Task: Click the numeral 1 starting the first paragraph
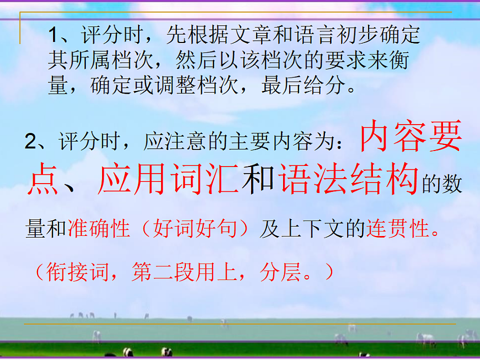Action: click(54, 36)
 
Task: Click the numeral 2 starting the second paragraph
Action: click(30, 142)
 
